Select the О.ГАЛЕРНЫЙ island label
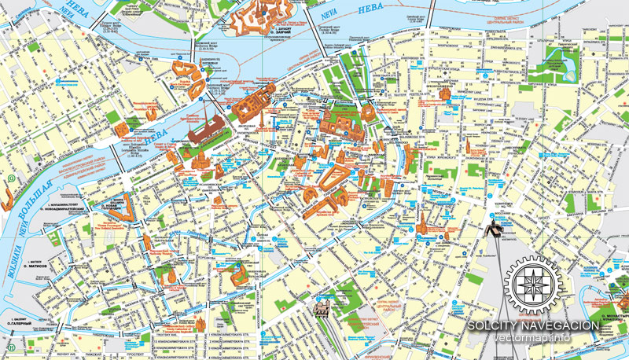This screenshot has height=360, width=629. pyautogui.click(x=20, y=321)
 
